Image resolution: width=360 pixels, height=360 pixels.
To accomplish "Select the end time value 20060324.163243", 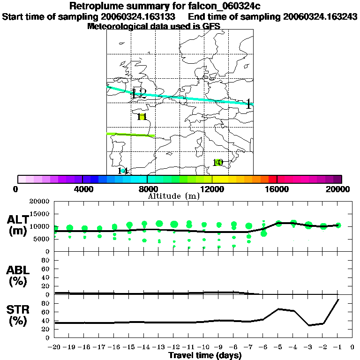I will [321, 16].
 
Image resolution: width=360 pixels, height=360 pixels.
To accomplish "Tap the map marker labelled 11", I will [142, 117].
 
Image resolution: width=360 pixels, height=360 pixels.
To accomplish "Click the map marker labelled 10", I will [217, 163].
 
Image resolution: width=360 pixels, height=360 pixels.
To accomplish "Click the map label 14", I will [123, 171].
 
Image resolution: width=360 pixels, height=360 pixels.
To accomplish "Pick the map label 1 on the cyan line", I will [248, 105].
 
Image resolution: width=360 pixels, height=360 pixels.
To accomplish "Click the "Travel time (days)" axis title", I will [205, 355].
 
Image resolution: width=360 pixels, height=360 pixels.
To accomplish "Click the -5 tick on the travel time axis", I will [278, 347].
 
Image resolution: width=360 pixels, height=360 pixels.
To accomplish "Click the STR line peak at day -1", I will [338, 300].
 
